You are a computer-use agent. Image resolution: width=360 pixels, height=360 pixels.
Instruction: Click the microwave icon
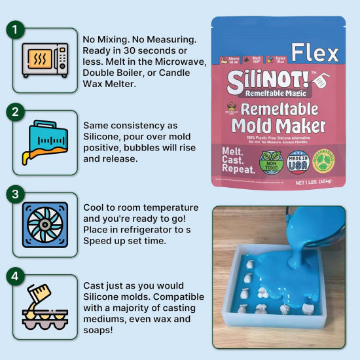(45, 60)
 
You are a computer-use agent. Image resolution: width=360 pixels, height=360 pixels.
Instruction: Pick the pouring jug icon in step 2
(45, 142)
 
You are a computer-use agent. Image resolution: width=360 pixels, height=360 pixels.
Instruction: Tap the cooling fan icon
(45, 224)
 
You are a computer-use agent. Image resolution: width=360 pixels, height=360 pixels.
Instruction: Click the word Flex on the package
(315, 52)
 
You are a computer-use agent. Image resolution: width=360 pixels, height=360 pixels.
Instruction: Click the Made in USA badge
(298, 162)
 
